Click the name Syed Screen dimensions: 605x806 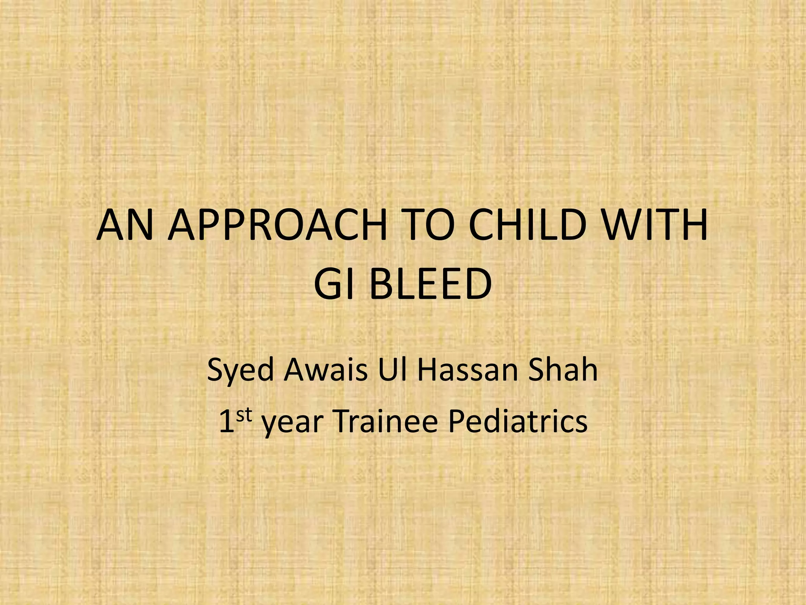tap(240, 371)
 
